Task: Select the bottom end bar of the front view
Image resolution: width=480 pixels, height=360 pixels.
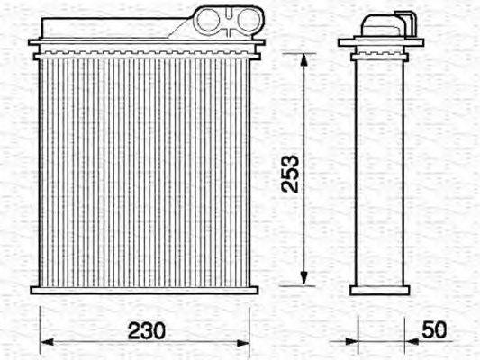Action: tap(144, 290)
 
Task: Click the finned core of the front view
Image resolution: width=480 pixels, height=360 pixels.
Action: tap(144, 171)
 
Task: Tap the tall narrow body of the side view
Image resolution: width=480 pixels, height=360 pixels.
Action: tap(379, 171)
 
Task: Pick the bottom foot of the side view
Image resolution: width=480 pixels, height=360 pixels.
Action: tap(379, 290)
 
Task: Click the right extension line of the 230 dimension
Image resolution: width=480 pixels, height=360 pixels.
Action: tap(249, 324)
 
